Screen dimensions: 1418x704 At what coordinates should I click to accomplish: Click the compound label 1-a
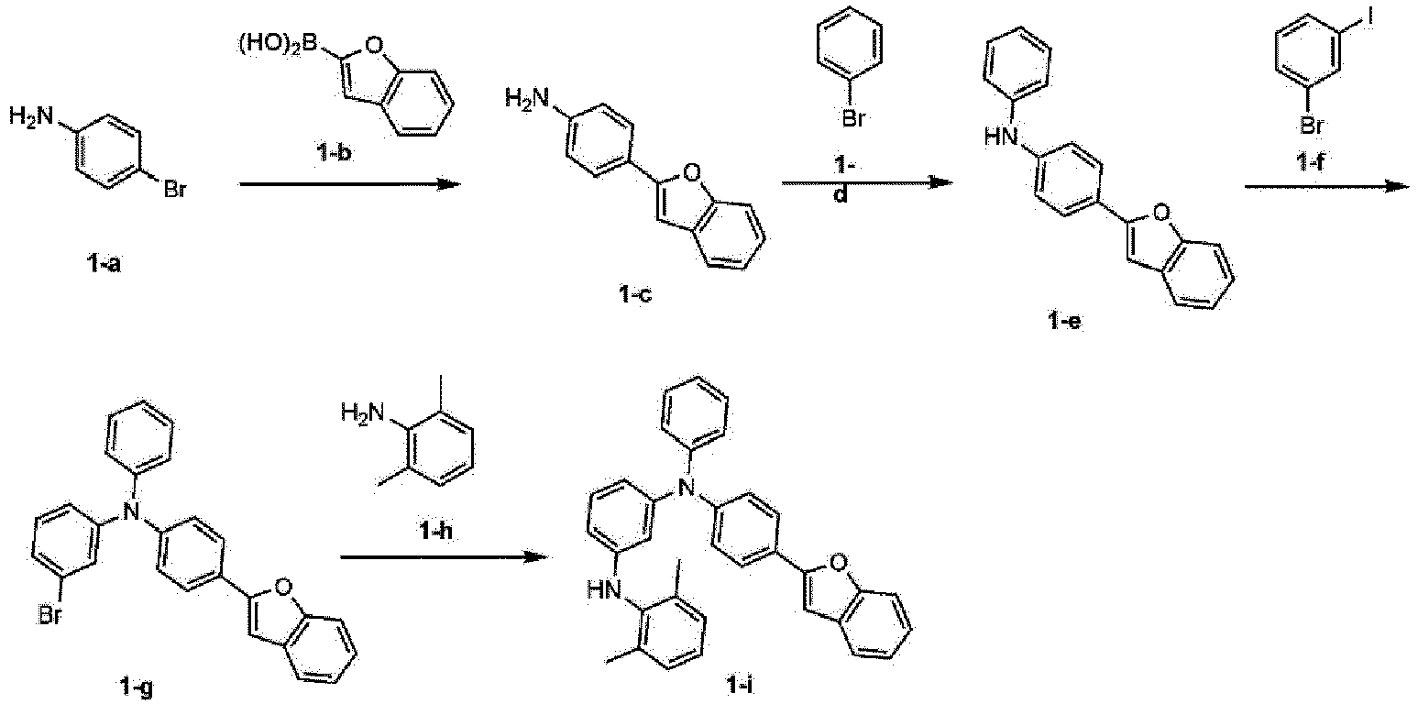(x=104, y=264)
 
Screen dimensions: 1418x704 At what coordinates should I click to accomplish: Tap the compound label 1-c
(x=635, y=295)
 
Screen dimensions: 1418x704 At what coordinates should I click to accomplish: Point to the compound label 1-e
(x=1065, y=323)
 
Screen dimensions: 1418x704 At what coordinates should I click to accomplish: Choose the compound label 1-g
(x=136, y=687)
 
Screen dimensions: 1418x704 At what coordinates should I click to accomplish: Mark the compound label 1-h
(x=436, y=531)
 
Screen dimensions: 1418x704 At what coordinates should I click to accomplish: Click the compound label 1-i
(x=739, y=685)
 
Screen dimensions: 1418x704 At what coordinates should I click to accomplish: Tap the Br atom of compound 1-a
(x=175, y=189)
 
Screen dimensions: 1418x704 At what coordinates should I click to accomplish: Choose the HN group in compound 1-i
(x=603, y=590)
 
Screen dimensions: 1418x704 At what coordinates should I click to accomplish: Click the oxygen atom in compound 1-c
(x=693, y=170)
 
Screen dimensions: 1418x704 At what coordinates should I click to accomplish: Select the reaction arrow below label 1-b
(x=350, y=184)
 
